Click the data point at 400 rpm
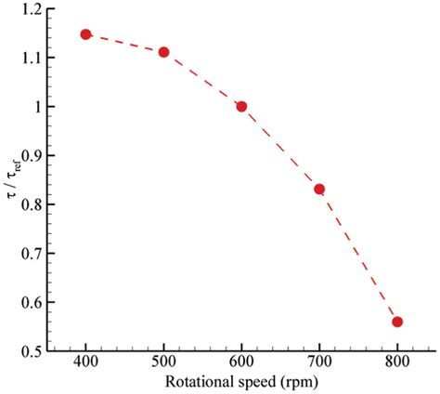[x=85, y=34]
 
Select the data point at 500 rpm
[x=163, y=52]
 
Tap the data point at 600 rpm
[x=241, y=106]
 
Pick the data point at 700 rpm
[x=319, y=189]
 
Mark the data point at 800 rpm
[x=397, y=322]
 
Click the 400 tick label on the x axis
[x=85, y=362]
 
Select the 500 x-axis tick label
[x=163, y=362]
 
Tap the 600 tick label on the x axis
[x=241, y=362]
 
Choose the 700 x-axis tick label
[x=319, y=362]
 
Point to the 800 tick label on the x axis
[x=397, y=362]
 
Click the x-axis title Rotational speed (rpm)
[x=241, y=382]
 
